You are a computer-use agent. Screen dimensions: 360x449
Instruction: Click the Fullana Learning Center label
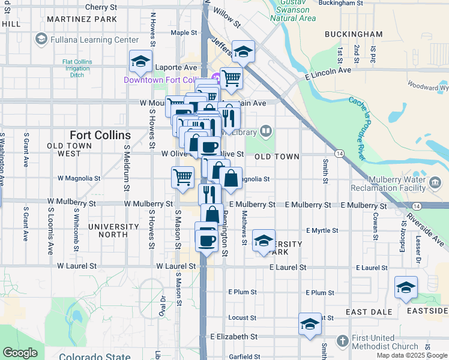click(x=95, y=40)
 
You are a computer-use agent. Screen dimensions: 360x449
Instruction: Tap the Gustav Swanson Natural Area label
click(x=293, y=10)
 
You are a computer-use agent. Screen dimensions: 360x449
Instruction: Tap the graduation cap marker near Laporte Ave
click(x=140, y=61)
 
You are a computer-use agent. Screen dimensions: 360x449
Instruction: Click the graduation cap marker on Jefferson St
click(x=243, y=52)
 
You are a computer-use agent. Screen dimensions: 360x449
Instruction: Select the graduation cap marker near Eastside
click(x=406, y=288)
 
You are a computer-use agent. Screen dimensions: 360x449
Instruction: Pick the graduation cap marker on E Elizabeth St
click(x=310, y=325)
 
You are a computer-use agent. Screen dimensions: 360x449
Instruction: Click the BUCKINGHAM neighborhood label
click(x=354, y=34)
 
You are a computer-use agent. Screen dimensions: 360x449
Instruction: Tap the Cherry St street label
click(x=101, y=7)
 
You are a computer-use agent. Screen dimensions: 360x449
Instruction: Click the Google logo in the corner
click(x=20, y=353)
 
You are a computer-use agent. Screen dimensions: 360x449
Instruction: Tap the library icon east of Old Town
click(x=266, y=131)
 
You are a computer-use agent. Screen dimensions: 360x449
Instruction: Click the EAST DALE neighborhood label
click(x=369, y=312)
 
